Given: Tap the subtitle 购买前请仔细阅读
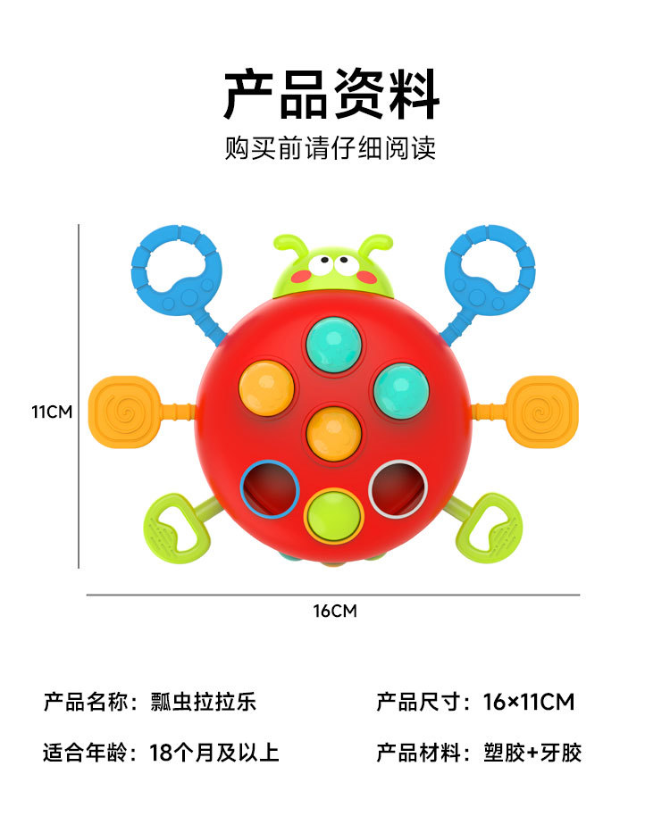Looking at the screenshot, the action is point(331,147).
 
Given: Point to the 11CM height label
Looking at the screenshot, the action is point(52,412).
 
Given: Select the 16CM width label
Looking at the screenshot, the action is point(335,611).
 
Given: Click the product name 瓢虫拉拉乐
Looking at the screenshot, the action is point(205,702).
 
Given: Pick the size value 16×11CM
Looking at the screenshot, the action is point(529,702).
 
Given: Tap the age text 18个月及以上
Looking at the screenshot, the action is point(214,753).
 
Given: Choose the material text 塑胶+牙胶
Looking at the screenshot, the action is point(533,753).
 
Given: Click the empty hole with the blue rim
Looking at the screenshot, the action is point(270,487).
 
